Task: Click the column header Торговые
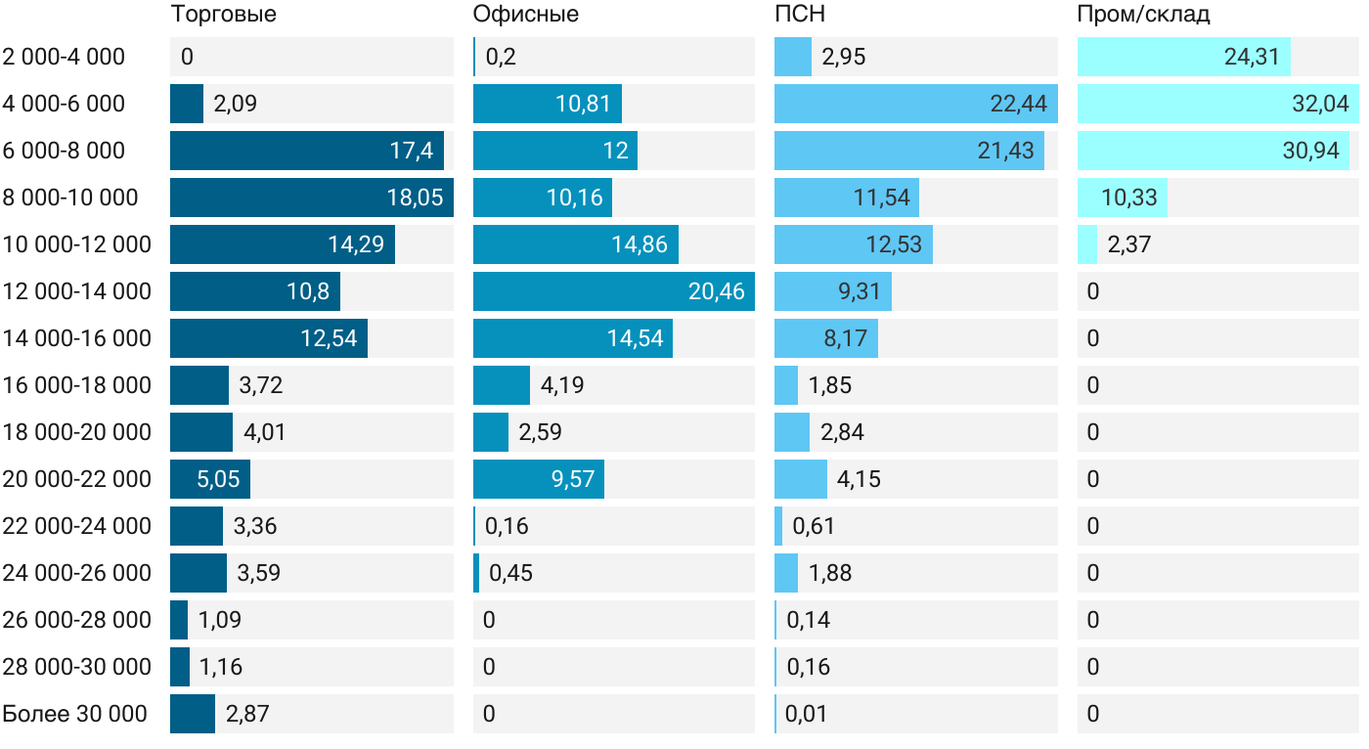(223, 14)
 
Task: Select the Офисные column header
(525, 14)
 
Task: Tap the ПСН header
(793, 14)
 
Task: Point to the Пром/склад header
(1143, 14)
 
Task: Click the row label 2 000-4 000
(64, 57)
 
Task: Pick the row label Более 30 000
(75, 714)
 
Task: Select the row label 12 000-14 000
(77, 291)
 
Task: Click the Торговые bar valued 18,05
(311, 198)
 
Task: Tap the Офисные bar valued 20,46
(613, 291)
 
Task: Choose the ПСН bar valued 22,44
(915, 104)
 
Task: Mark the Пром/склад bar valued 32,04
(1217, 104)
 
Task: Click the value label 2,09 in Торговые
(235, 104)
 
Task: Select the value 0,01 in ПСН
(807, 714)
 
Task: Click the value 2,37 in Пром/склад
(1128, 244)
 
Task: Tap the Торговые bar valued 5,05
(209, 479)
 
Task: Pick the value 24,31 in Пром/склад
(1252, 57)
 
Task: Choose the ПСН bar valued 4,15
(800, 479)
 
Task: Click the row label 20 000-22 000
(77, 479)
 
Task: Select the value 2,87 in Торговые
(246, 714)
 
